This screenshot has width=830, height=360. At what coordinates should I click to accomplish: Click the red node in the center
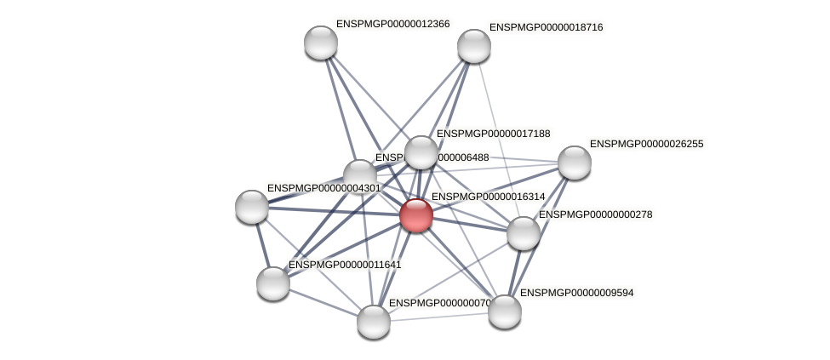click(415, 214)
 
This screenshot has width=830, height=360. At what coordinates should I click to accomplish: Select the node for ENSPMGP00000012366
click(321, 43)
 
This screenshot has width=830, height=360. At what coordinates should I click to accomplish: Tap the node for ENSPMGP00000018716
click(474, 46)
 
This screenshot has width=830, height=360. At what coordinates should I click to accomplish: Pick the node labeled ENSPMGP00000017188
click(421, 152)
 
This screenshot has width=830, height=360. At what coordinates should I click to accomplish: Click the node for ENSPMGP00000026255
click(575, 163)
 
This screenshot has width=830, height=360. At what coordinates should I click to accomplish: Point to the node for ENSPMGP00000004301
click(252, 206)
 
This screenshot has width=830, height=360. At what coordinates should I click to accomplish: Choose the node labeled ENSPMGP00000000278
click(524, 233)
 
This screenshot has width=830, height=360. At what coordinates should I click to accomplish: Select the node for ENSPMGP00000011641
click(273, 283)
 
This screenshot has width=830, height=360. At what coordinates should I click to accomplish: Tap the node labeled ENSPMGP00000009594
click(505, 311)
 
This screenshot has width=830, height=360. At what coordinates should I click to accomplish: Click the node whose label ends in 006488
click(360, 175)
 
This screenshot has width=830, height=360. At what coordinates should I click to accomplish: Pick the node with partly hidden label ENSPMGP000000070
click(374, 322)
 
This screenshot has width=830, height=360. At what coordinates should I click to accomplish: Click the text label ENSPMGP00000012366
click(392, 24)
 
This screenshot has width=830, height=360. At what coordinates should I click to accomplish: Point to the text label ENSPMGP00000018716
click(546, 27)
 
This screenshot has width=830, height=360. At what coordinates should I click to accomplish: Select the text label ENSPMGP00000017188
click(493, 134)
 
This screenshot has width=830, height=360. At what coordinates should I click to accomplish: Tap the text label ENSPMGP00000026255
click(646, 144)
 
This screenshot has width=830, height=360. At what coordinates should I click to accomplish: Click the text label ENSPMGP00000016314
click(488, 197)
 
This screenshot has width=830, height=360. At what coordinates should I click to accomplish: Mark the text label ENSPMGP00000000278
click(595, 214)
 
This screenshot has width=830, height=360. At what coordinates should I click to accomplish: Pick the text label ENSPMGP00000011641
click(345, 265)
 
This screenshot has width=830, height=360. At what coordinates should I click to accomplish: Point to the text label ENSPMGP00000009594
click(576, 293)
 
